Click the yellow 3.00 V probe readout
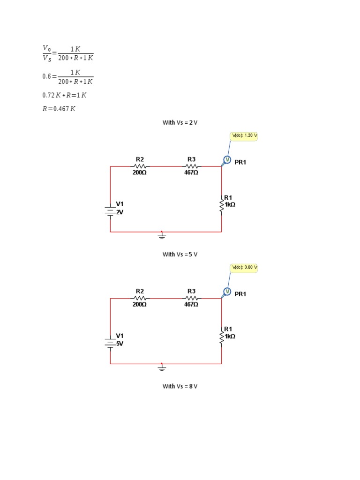(244, 268)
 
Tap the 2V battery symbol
(110, 211)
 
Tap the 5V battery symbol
(110, 343)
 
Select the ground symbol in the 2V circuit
(162, 235)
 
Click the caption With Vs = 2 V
(180, 123)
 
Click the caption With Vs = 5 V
(180, 255)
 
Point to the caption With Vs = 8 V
(180, 386)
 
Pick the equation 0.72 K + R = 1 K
(64, 95)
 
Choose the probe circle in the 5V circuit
(227, 292)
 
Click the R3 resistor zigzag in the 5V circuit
(191, 298)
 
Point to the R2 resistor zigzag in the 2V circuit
(140, 166)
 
